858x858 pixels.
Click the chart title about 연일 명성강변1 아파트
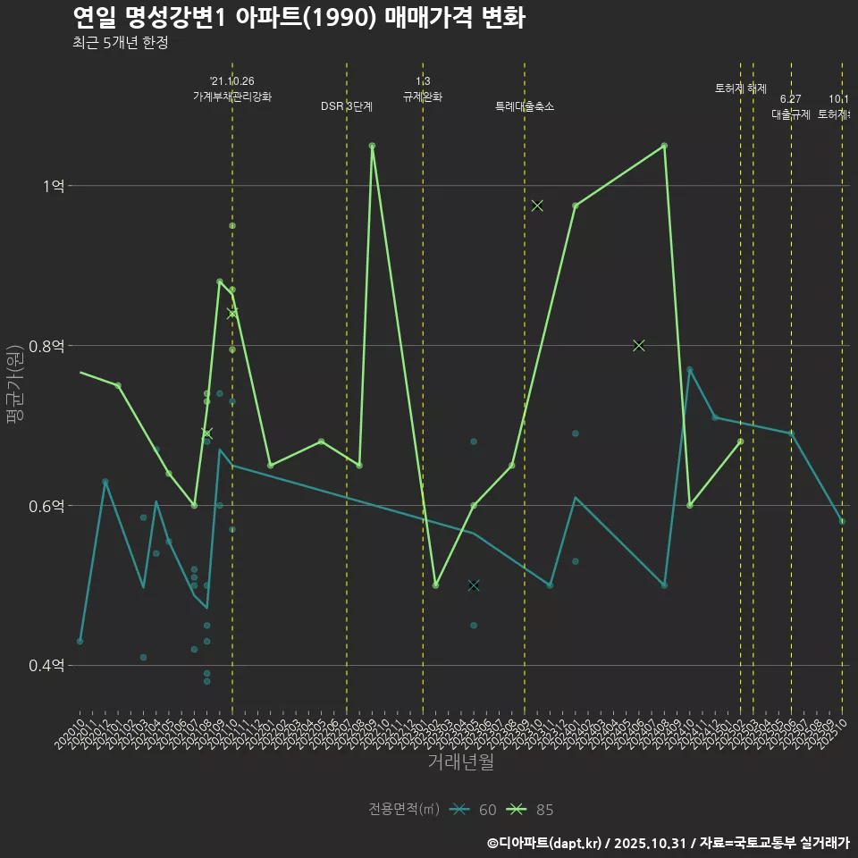299,18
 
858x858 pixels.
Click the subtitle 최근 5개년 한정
120,42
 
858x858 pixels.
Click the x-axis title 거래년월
460,762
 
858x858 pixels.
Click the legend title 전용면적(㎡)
404,810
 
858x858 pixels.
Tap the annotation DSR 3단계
347,106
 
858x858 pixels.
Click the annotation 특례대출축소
525,106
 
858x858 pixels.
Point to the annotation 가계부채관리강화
232,96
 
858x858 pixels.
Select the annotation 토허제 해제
741,88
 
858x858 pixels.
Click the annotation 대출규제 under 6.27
791,114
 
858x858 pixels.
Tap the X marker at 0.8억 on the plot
639,346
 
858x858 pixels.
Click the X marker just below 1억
537,206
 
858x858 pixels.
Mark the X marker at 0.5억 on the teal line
474,585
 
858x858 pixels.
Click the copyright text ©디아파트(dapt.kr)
546,842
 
